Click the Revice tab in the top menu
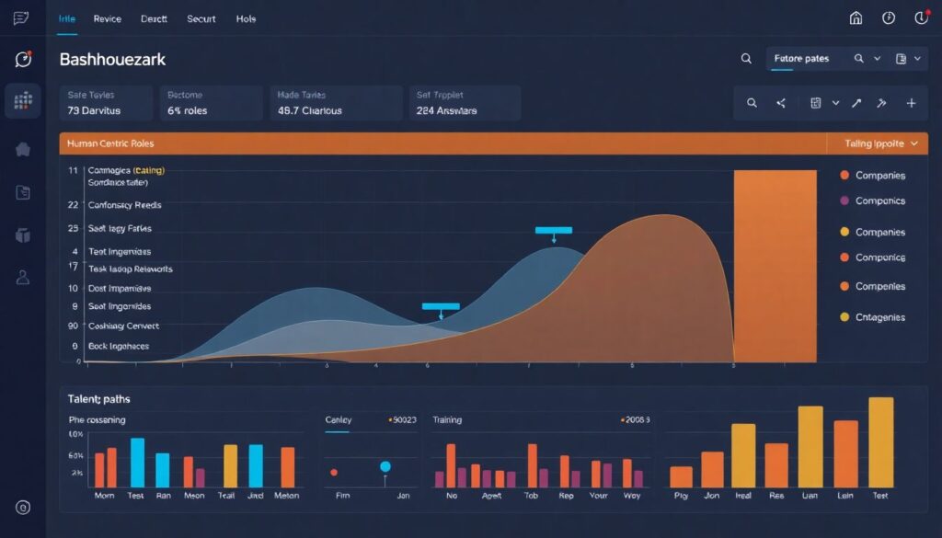click(x=108, y=18)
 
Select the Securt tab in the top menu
click(x=201, y=18)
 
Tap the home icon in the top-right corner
click(x=856, y=18)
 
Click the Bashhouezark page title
click(x=112, y=59)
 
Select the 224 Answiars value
click(x=446, y=110)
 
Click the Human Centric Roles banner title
click(x=110, y=143)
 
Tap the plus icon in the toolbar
click(x=911, y=103)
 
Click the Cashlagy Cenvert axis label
click(x=123, y=326)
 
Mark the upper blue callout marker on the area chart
click(x=553, y=231)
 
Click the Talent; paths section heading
click(x=99, y=399)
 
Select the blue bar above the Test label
click(x=137, y=462)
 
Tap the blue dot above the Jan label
click(x=385, y=466)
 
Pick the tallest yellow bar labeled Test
click(x=880, y=441)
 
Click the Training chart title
click(x=447, y=419)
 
